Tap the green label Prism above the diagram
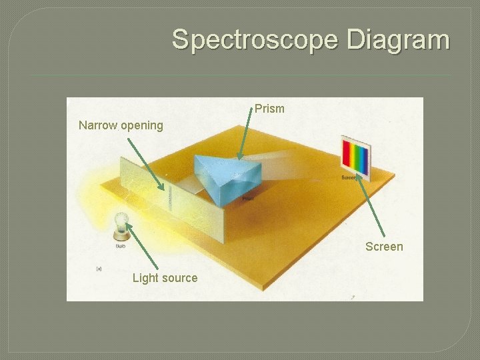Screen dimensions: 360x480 pos(269,109)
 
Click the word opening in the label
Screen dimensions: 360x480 pos(141,125)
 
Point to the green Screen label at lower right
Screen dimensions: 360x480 pos(384,247)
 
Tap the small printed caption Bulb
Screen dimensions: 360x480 pos(121,246)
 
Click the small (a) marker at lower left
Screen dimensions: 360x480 pos(99,269)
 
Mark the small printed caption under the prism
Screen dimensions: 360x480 pos(247,199)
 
